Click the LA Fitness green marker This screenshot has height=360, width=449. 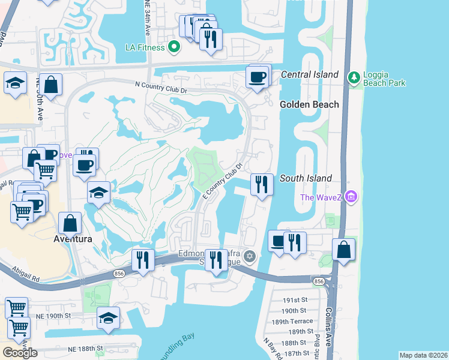[175, 46]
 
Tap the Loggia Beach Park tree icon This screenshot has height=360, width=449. [354, 77]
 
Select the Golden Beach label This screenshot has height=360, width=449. [309, 104]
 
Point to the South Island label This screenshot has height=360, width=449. [306, 179]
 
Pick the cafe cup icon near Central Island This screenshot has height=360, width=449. [258, 77]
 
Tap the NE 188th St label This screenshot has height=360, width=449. [85, 348]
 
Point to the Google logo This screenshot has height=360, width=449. [20, 352]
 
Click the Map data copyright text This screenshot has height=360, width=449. [423, 355]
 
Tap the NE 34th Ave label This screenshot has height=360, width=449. [148, 19]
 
